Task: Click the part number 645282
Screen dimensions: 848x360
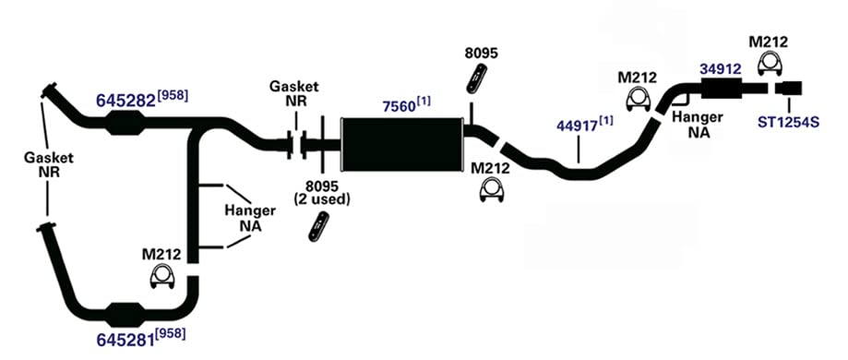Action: coord(126,100)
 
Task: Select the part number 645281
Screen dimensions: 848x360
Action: coord(126,340)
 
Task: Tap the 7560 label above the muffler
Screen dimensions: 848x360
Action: coord(400,106)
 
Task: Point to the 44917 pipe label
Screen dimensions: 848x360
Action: coord(577,126)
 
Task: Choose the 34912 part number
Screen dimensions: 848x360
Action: coord(720,69)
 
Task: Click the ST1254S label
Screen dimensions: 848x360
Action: coord(788,123)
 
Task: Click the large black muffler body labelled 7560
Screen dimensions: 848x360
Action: coord(401,145)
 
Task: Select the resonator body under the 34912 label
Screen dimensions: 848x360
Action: coord(722,89)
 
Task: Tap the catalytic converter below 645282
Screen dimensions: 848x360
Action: coord(126,123)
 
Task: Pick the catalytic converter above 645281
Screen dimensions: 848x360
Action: coord(126,315)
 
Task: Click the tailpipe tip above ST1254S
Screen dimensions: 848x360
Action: coord(789,88)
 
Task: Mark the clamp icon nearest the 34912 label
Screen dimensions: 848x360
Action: coord(770,64)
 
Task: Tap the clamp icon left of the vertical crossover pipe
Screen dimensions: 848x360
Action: coord(161,277)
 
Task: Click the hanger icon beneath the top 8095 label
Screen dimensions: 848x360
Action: coord(476,78)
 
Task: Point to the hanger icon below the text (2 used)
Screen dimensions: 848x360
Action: coord(319,227)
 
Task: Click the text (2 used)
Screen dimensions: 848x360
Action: coord(322,199)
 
